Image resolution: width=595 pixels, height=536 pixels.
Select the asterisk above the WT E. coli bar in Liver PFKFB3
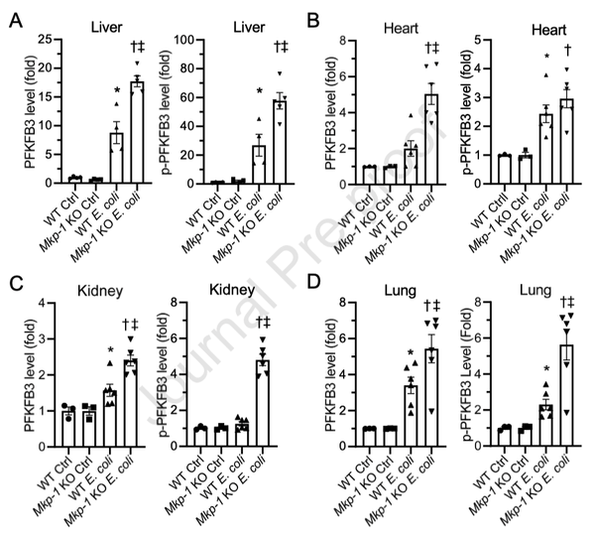click(117, 90)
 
